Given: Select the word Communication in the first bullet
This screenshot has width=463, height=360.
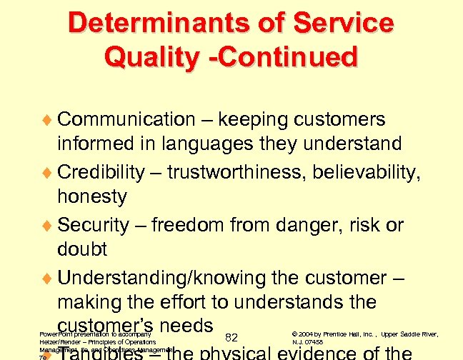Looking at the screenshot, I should (126, 119).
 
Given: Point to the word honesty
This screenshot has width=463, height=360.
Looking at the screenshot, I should (92, 196).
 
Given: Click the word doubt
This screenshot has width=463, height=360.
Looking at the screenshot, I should (82, 249).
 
